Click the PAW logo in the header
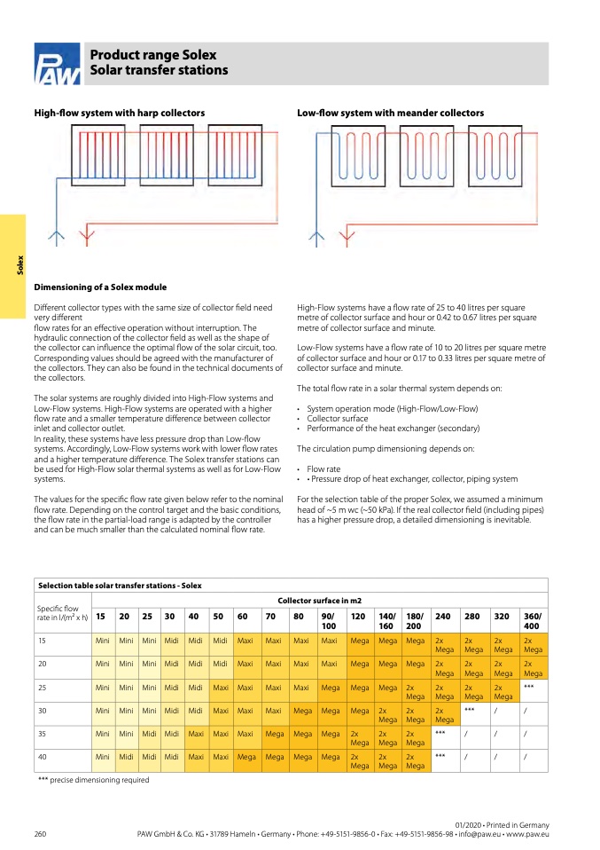pyautogui.click(x=57, y=65)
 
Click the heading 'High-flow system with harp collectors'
pyautogui.click(x=120, y=114)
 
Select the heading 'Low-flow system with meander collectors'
pyautogui.click(x=390, y=114)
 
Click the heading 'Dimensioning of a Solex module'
pyautogui.click(x=100, y=287)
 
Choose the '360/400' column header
pyautogui.click(x=533, y=620)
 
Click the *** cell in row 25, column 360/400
pyautogui.click(x=529, y=686)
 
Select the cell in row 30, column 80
pyautogui.click(x=301, y=710)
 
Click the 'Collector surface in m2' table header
pyautogui.click(x=320, y=601)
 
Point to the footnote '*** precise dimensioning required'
pyautogui.click(x=93, y=780)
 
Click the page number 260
pyautogui.click(x=40, y=835)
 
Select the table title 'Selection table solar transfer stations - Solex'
pyautogui.click(x=120, y=586)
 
